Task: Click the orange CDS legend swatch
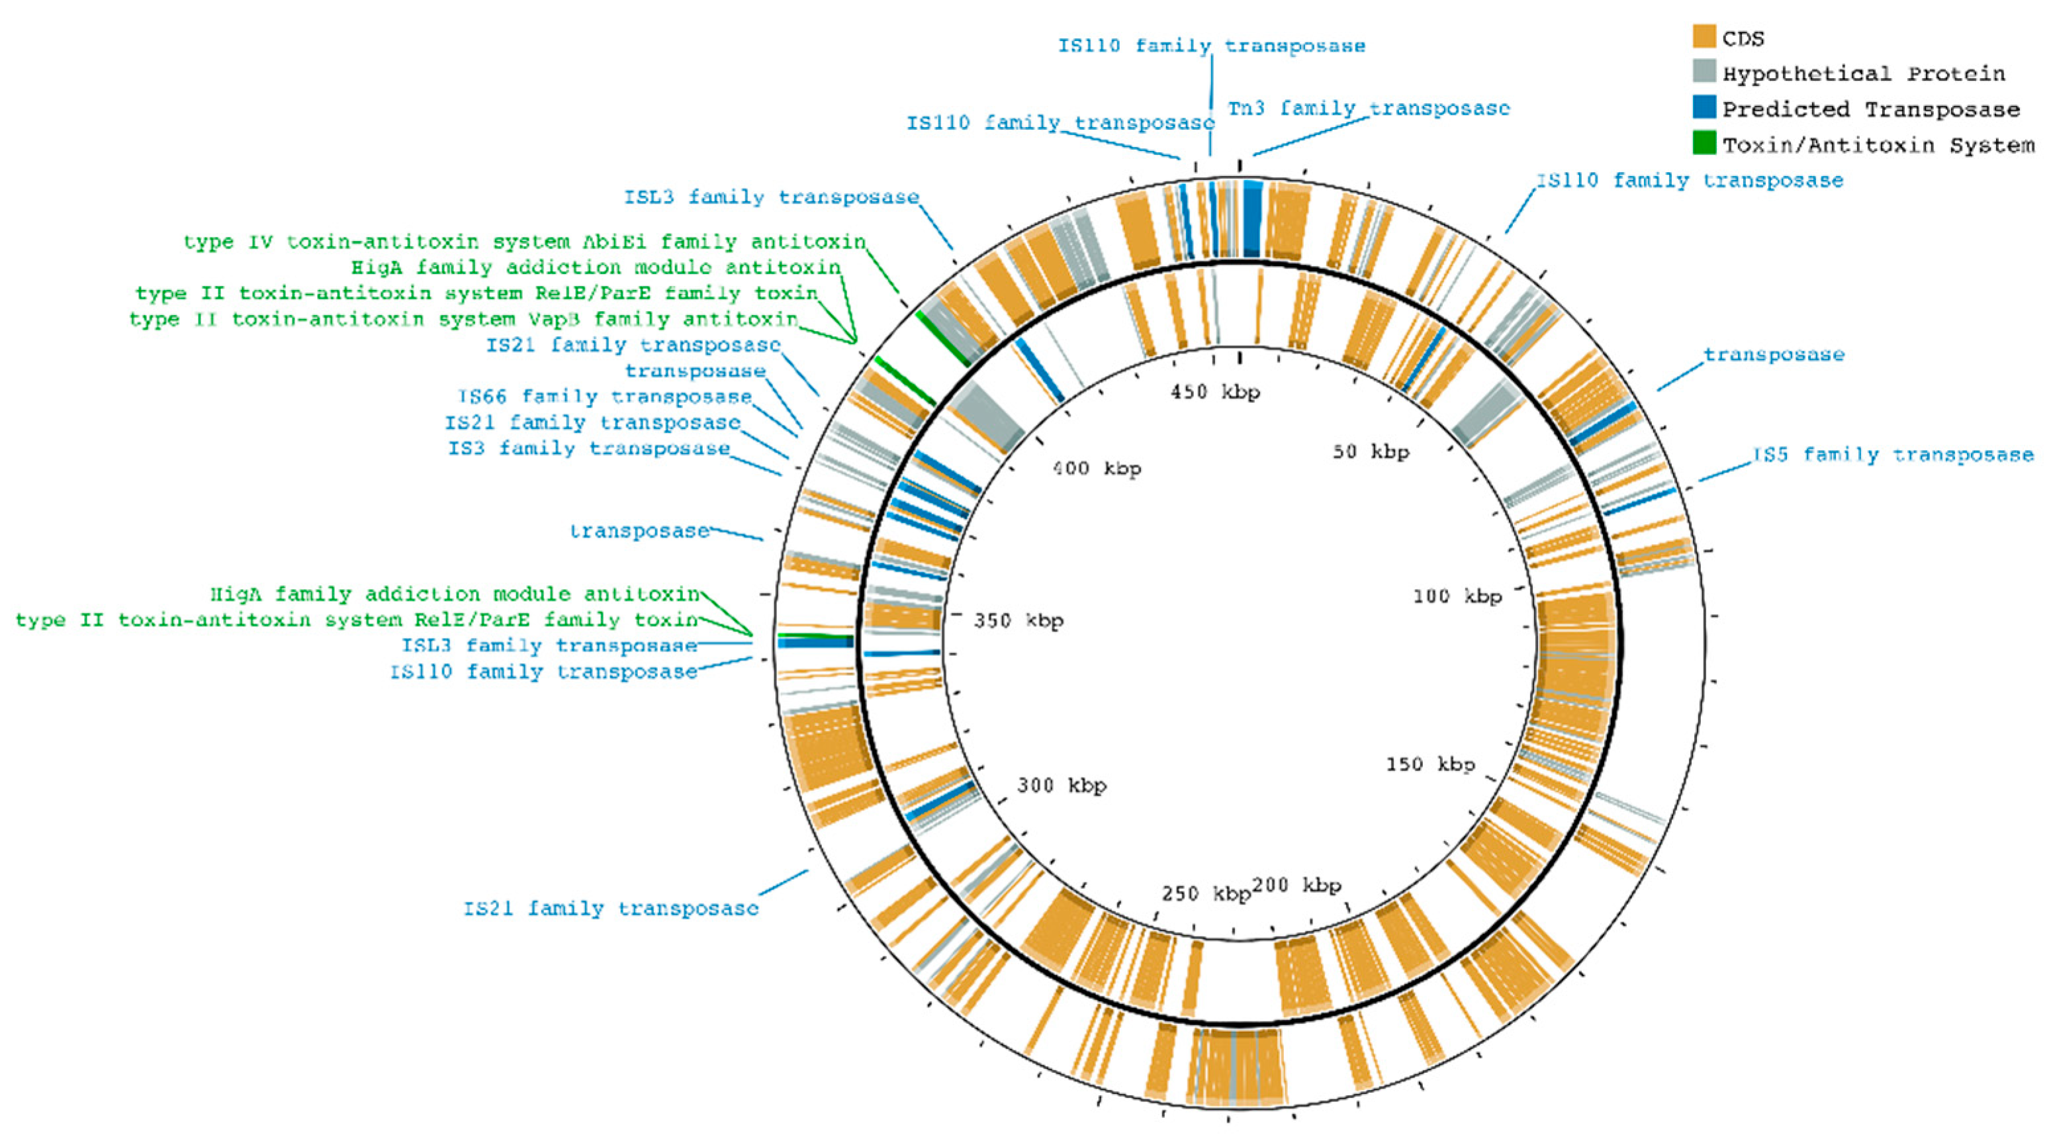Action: click(1704, 36)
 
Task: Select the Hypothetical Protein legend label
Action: click(1863, 74)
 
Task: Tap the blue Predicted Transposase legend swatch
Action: click(1704, 107)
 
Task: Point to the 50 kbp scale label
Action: click(1371, 452)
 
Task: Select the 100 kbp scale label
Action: click(1457, 596)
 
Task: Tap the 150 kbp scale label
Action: click(1430, 764)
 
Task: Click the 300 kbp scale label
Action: click(1061, 786)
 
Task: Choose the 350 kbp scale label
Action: click(1018, 620)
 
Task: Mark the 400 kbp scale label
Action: click(1097, 468)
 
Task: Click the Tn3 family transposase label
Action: click(1368, 109)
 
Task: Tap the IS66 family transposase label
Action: click(604, 396)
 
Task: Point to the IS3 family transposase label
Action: click(588, 448)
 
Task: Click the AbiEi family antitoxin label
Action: click(524, 241)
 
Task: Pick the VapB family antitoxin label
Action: click(463, 319)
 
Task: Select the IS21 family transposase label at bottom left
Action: click(611, 908)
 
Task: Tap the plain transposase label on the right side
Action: click(1773, 355)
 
